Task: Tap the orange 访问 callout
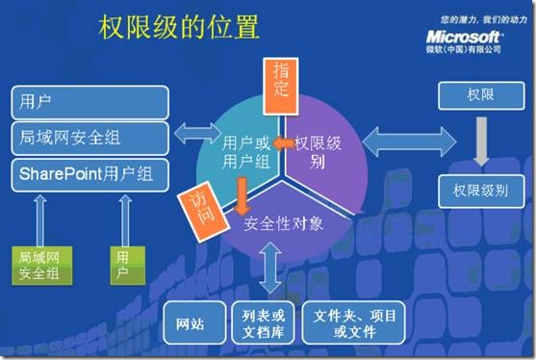point(197,202)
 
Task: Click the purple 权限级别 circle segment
point(320,151)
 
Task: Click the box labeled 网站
point(191,323)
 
